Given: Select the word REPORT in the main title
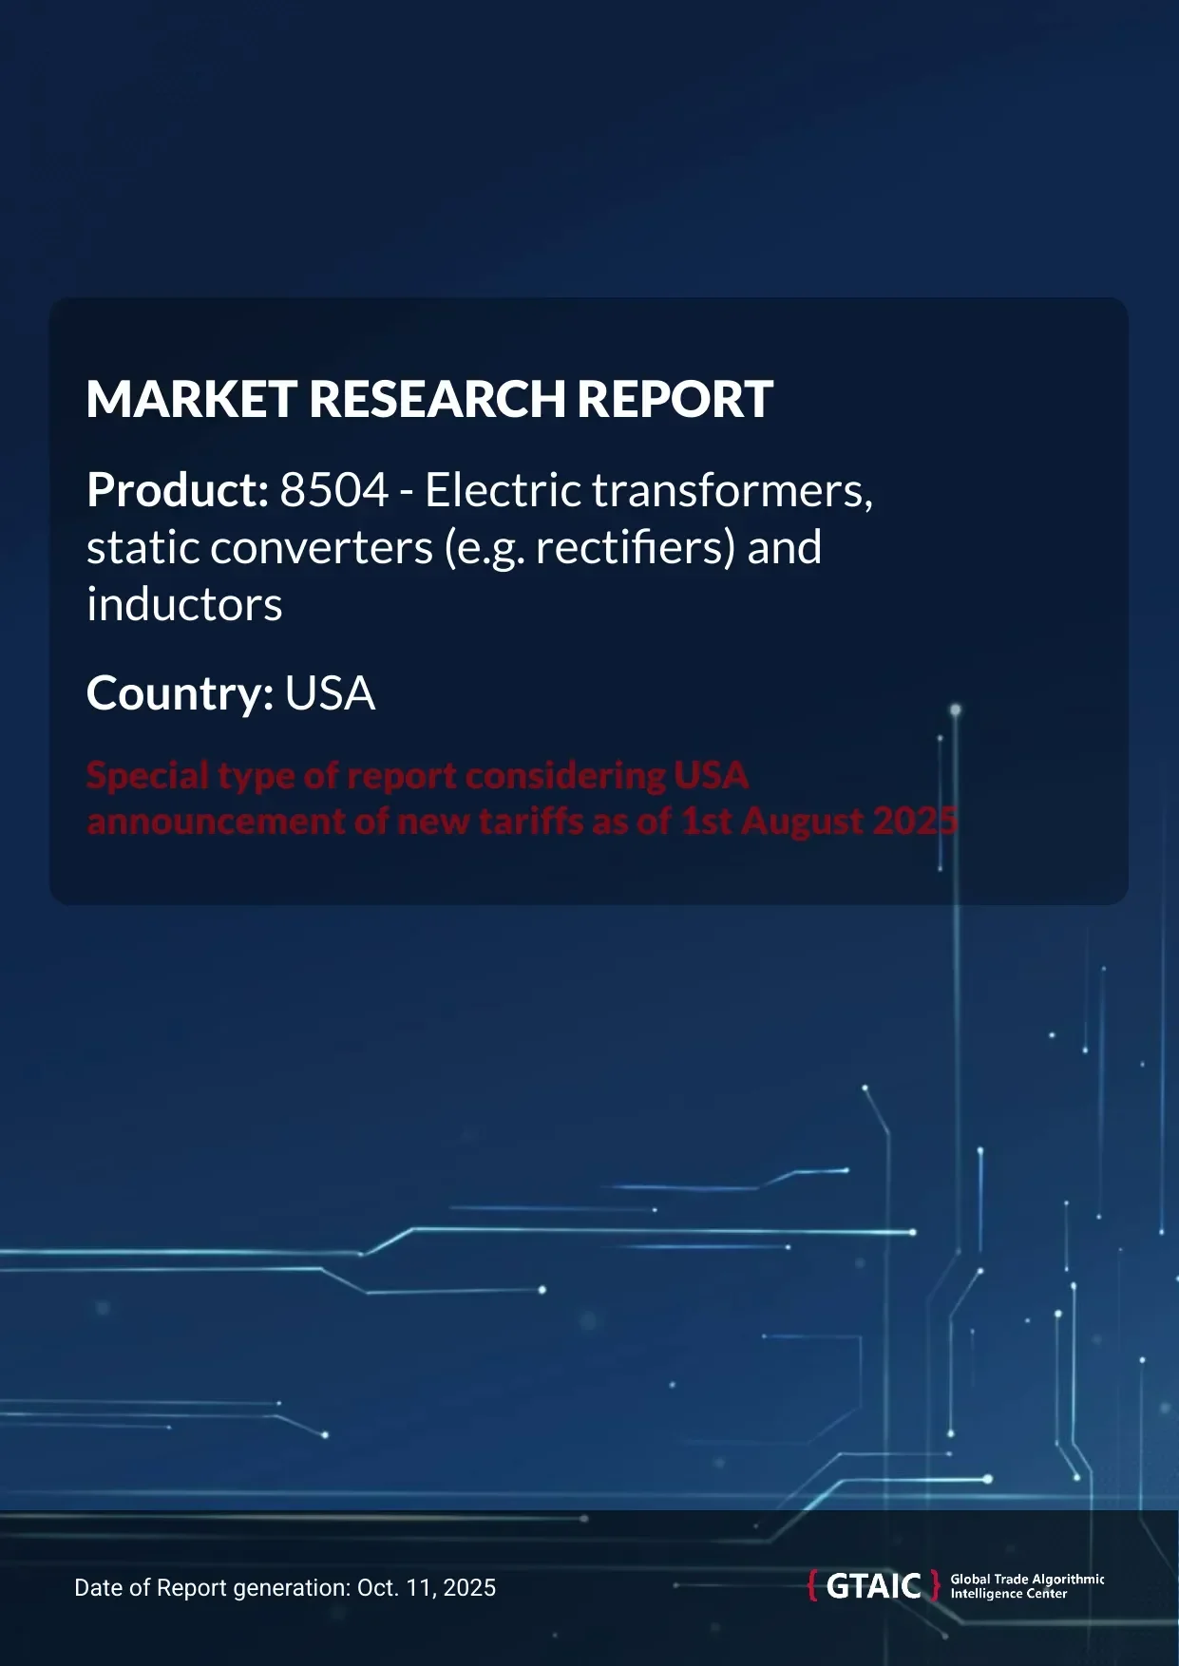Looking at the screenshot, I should point(675,399).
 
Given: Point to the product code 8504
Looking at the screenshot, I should point(334,491).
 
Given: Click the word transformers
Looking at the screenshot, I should point(732,491).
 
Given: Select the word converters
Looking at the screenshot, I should point(321,548).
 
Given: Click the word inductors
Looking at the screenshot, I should point(184,605).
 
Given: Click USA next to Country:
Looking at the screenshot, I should point(330,694).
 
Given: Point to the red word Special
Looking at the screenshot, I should point(147,776).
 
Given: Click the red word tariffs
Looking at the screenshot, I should point(532,821).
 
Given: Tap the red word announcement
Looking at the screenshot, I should point(216,821).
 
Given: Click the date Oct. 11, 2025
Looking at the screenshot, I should point(427,1587).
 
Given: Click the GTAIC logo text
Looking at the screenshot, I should point(874,1586).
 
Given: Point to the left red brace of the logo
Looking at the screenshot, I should point(812,1586).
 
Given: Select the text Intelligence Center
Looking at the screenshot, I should point(1008,1594).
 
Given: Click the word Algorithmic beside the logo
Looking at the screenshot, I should point(1068,1579).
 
